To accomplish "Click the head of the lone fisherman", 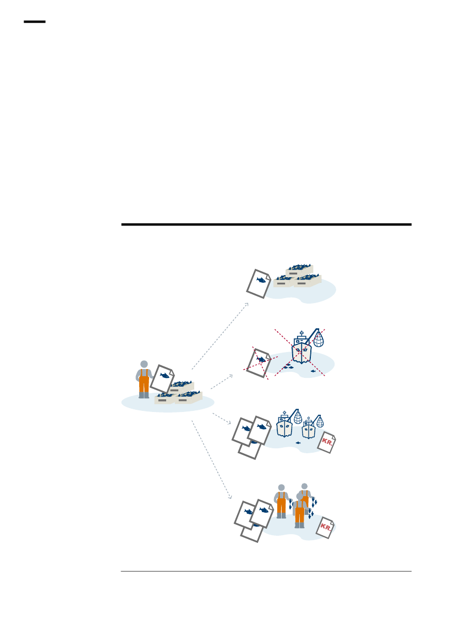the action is click(x=144, y=364).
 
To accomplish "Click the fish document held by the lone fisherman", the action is click(x=162, y=378).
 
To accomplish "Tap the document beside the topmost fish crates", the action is click(x=259, y=284).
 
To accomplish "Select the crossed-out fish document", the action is click(x=259, y=363).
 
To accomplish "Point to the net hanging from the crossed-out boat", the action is click(x=319, y=339).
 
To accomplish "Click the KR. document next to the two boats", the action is click(x=327, y=442).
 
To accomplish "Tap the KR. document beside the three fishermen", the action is click(x=325, y=527).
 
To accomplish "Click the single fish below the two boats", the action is click(x=298, y=443).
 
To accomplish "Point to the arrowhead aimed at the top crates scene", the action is click(x=246, y=305).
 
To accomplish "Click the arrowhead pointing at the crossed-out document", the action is click(x=231, y=376).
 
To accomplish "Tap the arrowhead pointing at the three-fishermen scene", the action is click(x=230, y=497).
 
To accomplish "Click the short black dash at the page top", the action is click(x=35, y=22).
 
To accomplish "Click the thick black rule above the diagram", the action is click(x=266, y=224).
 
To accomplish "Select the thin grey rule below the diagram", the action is click(x=266, y=571).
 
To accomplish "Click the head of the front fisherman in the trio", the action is click(x=299, y=497).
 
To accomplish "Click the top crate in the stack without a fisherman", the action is click(x=299, y=270).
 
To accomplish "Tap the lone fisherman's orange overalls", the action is click(x=144, y=381).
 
